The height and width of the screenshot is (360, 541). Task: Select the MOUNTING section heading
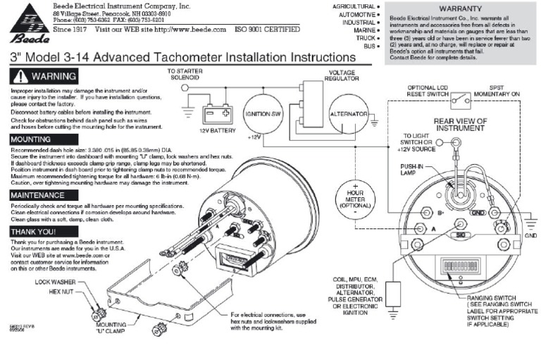[30, 140]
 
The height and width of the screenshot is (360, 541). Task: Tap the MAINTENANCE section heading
[38, 194]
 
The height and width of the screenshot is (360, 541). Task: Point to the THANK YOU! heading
[34, 230]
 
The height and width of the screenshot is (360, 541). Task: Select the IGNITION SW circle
[263, 114]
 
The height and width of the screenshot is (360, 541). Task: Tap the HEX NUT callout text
[63, 290]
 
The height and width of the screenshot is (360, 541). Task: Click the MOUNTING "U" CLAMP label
[103, 330]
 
